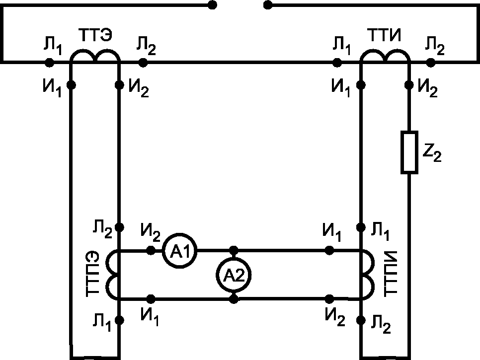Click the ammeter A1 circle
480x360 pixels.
(x=180, y=251)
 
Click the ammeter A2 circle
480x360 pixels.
(x=234, y=275)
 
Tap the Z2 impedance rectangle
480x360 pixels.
(x=409, y=152)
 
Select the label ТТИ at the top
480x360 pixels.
(x=384, y=35)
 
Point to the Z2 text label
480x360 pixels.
(x=432, y=152)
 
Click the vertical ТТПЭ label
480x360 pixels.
(x=92, y=274)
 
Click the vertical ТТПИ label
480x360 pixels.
(x=390, y=274)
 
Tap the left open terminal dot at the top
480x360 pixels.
(x=212, y=5)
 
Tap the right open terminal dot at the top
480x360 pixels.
(x=268, y=5)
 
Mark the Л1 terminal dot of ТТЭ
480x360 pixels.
(x=49, y=63)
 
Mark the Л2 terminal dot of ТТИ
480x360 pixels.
(x=431, y=63)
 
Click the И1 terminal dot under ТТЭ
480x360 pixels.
(x=71, y=85)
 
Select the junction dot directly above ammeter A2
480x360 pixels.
(x=234, y=250)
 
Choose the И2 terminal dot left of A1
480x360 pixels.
(x=151, y=250)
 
